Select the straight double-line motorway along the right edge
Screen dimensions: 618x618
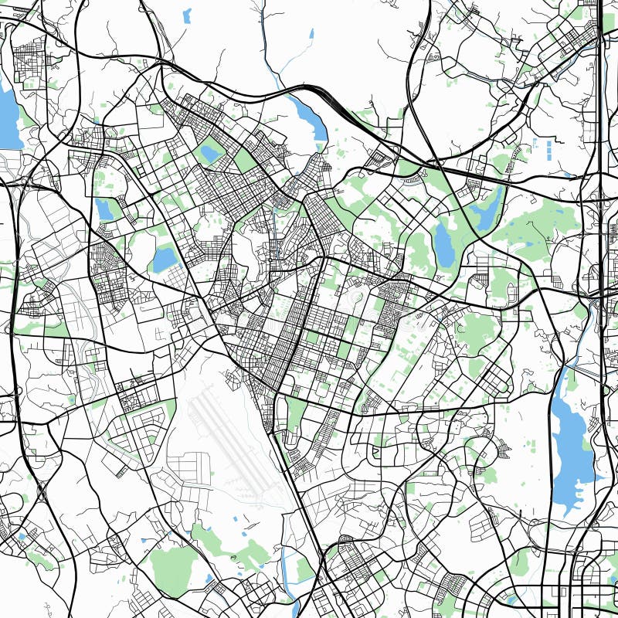pyautogui.click(x=602, y=116)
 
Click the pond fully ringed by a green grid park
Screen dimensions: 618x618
pyautogui.click(x=210, y=154)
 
